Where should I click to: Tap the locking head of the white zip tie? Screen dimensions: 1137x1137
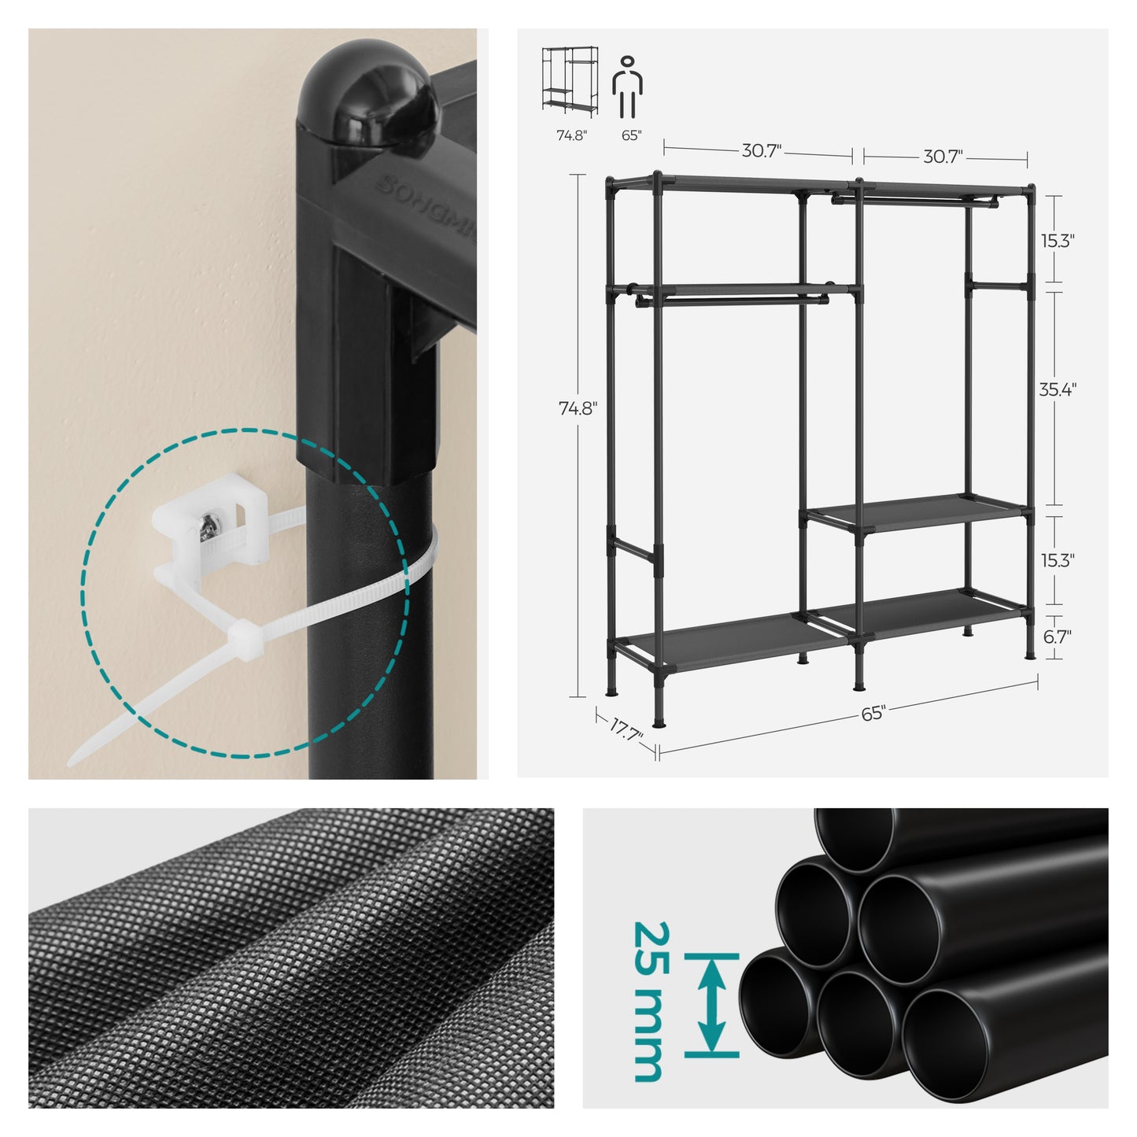click(244, 635)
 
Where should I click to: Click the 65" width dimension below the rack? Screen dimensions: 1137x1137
click(873, 714)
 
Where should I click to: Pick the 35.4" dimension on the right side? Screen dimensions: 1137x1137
click(1058, 389)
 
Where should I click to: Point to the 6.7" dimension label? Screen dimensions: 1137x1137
click(1057, 636)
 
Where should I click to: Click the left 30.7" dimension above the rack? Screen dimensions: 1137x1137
click(761, 151)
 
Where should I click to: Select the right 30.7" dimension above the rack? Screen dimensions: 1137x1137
click(943, 157)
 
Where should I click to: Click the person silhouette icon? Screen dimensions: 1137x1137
click(627, 87)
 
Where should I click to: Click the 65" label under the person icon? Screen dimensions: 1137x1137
click(631, 135)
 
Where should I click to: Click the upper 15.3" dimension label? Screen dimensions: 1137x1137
click(1057, 241)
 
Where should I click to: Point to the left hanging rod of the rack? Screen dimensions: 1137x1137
click(733, 301)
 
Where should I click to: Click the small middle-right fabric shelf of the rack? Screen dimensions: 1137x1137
click(915, 513)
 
